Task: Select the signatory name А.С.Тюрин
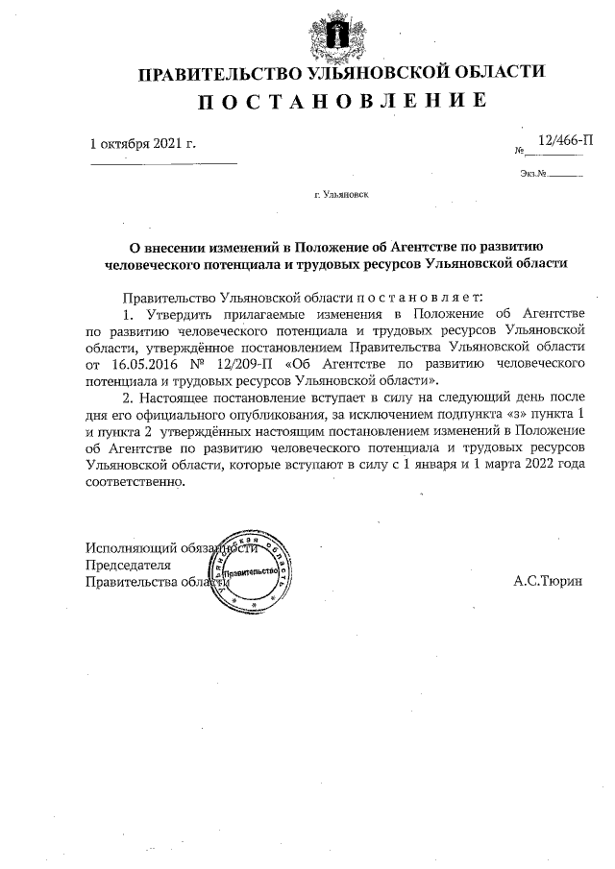click(x=549, y=582)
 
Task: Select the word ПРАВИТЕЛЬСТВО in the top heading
click(x=219, y=73)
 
